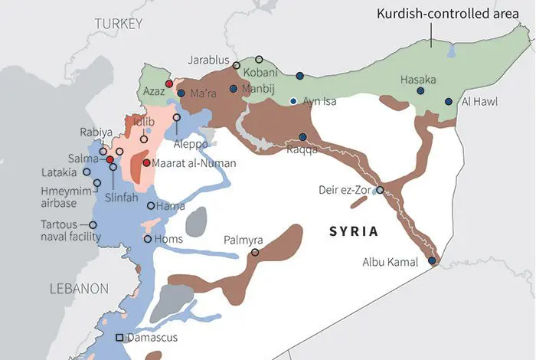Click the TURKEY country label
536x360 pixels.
[119, 25]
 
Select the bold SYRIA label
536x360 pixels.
[355, 230]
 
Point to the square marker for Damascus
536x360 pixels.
[119, 338]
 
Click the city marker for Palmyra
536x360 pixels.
[255, 252]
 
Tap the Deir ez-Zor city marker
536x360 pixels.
[380, 190]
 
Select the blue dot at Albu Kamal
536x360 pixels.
[432, 261]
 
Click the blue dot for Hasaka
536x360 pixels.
[420, 91]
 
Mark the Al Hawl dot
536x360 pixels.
[448, 100]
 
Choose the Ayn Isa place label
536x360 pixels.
[320, 101]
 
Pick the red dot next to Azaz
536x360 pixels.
[169, 83]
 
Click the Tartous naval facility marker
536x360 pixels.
[93, 225]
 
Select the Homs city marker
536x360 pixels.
[148, 239]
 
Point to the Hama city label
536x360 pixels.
[169, 206]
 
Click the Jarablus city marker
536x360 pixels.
[237, 66]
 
